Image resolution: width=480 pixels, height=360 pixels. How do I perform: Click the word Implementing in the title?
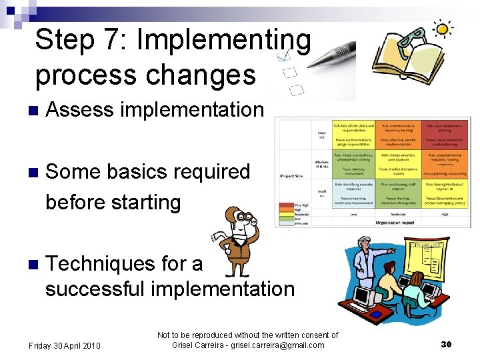[x=223, y=41]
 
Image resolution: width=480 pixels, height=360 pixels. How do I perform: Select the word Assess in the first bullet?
[x=79, y=110]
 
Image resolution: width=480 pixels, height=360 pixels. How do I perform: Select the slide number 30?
[x=447, y=344]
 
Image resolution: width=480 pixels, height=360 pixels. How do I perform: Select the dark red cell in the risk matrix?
[x=447, y=135]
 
